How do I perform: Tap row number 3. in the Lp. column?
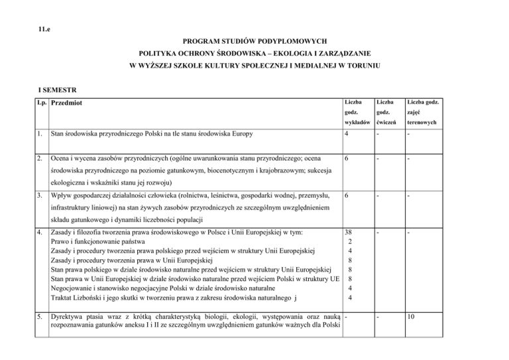click(x=41, y=196)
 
